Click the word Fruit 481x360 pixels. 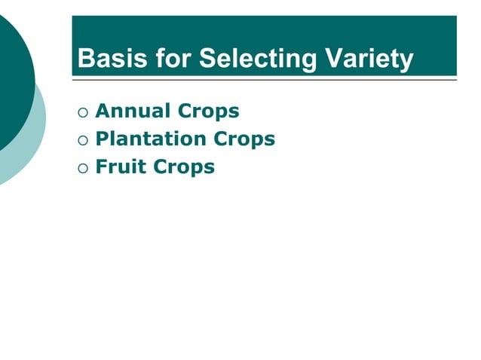tap(121, 167)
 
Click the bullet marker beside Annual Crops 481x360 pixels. tap(82, 113)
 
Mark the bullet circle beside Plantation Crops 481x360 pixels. tap(82, 141)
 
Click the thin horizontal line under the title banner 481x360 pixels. tap(264, 79)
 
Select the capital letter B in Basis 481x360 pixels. tap(85, 59)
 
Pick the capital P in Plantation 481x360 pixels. tap(102, 139)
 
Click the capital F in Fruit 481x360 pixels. tap(102, 167)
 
